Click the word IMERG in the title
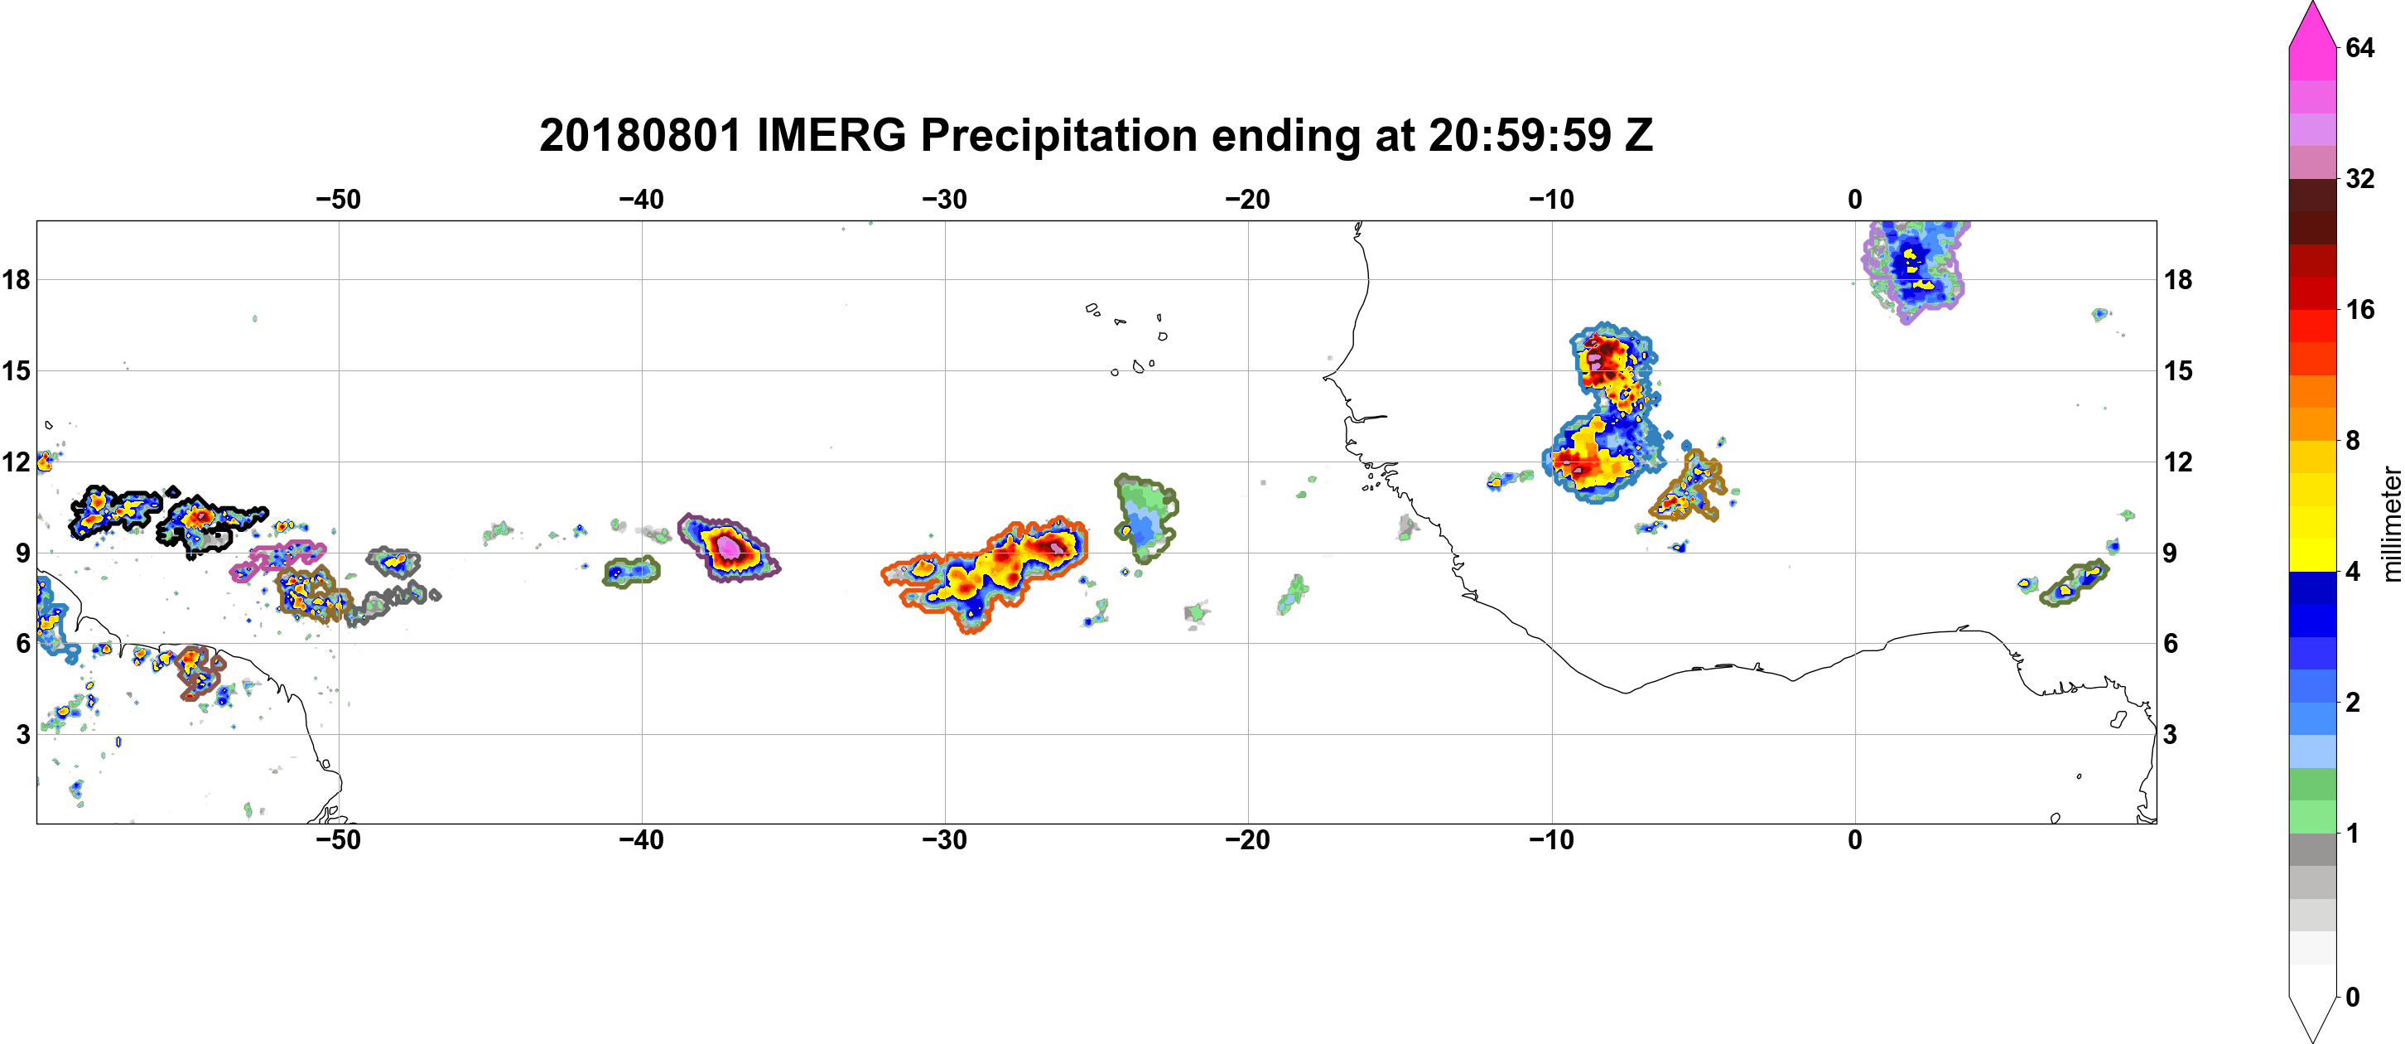831,135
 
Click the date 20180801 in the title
640,135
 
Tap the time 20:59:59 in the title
1519,135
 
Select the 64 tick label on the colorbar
2359,47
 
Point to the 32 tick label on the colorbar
2359,178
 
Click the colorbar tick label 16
2359,310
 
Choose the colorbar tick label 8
2353,441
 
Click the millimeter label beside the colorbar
2391,524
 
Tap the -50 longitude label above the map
338,200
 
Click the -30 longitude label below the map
945,840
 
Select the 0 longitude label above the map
1855,200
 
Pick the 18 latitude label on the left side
16,279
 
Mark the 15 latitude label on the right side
2178,370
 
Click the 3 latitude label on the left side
22,735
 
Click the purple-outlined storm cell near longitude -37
729,549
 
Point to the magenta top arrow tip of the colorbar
2312,2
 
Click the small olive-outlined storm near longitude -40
631,571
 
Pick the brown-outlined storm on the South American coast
200,672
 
